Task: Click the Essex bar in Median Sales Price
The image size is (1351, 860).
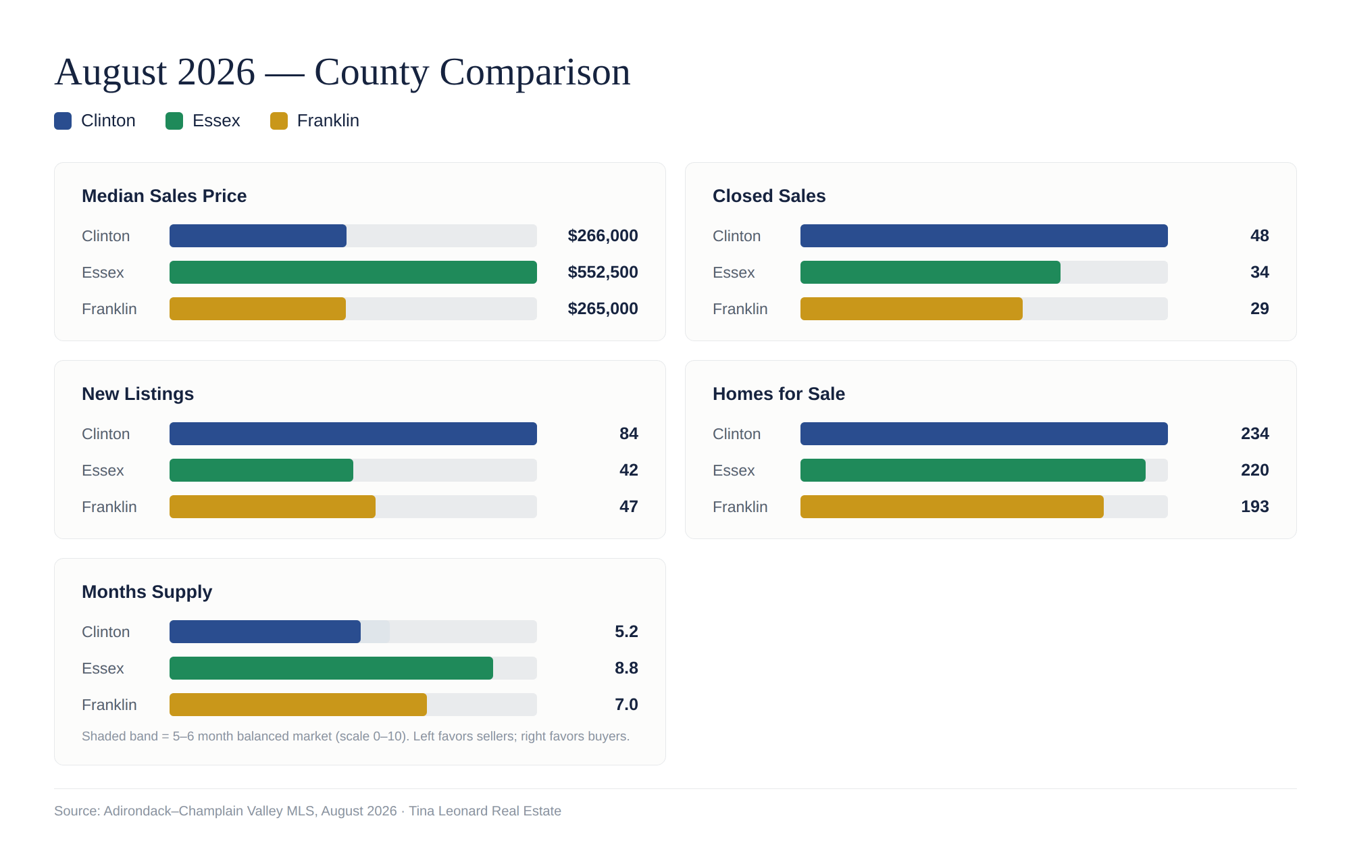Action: [353, 272]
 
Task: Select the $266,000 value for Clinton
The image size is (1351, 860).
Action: [603, 236]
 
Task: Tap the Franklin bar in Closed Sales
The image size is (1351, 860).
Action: [911, 309]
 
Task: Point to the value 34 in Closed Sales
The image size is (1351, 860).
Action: [1259, 272]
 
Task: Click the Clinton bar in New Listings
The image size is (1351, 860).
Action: [353, 434]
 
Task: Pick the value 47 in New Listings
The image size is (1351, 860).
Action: [628, 507]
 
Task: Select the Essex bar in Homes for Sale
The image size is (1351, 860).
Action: [973, 470]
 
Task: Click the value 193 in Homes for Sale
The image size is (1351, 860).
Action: [1254, 507]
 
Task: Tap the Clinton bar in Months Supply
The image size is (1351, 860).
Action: [265, 632]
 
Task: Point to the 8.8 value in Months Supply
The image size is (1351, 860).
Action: [626, 668]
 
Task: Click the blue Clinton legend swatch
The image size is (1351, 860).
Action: [63, 121]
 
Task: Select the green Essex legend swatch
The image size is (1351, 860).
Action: [174, 121]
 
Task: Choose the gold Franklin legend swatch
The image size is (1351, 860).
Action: [279, 121]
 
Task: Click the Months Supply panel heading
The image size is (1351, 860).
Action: [147, 592]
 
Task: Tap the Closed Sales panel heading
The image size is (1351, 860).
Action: [769, 196]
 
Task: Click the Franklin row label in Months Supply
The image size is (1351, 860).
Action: [109, 705]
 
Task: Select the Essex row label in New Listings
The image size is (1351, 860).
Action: [103, 470]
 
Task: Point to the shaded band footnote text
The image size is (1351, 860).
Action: [355, 736]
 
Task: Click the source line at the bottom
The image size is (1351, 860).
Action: [307, 811]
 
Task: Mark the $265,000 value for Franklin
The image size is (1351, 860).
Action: [603, 309]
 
